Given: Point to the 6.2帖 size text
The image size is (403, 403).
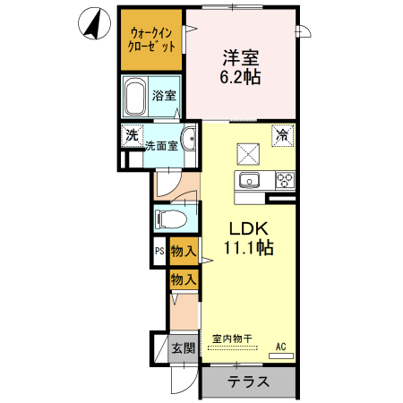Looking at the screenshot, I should coord(241,77).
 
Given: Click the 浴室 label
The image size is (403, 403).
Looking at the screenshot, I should coord(163,96).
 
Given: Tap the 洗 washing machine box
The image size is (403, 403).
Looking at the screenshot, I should coord(131,137).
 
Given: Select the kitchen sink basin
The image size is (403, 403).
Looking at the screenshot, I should coord(248,181).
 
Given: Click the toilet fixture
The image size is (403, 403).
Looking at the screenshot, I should coord(171,219).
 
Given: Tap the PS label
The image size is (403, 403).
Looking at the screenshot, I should coord(159,253).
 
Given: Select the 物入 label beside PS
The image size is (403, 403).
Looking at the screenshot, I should coord(184,253).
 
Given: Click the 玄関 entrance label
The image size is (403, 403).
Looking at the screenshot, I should coord(183,347).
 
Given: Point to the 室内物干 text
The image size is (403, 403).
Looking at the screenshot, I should coord(232,339).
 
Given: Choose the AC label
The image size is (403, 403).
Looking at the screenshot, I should coord(280,346).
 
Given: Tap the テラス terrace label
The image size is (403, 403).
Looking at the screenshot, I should coord(248,382).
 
